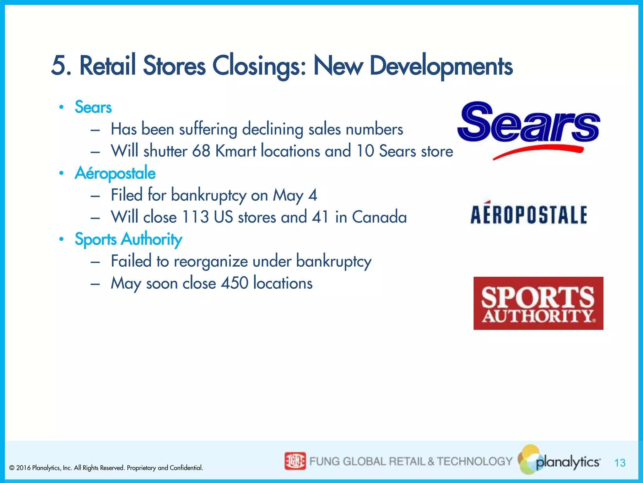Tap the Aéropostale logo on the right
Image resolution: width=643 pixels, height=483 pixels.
[x=529, y=214]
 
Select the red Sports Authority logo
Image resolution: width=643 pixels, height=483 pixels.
[x=538, y=303]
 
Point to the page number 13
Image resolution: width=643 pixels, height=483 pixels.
[x=620, y=463]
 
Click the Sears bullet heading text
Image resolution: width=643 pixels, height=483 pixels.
[x=93, y=107]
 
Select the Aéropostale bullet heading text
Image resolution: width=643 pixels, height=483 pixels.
[x=115, y=173]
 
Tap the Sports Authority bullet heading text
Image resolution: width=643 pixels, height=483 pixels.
[x=128, y=239]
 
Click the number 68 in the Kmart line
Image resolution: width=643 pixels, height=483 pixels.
[x=201, y=151]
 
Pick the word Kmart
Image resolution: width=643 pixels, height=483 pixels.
[x=235, y=151]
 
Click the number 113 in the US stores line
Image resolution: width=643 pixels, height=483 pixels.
[x=195, y=217]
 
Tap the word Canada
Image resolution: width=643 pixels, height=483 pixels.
[x=379, y=217]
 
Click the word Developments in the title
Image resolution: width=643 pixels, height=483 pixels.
[x=441, y=66]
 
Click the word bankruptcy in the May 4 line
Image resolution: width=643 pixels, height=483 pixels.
[x=208, y=195]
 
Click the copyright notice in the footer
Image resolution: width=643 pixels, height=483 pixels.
[x=106, y=468]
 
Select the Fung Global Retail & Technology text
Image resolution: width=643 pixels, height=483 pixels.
[x=411, y=461]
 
